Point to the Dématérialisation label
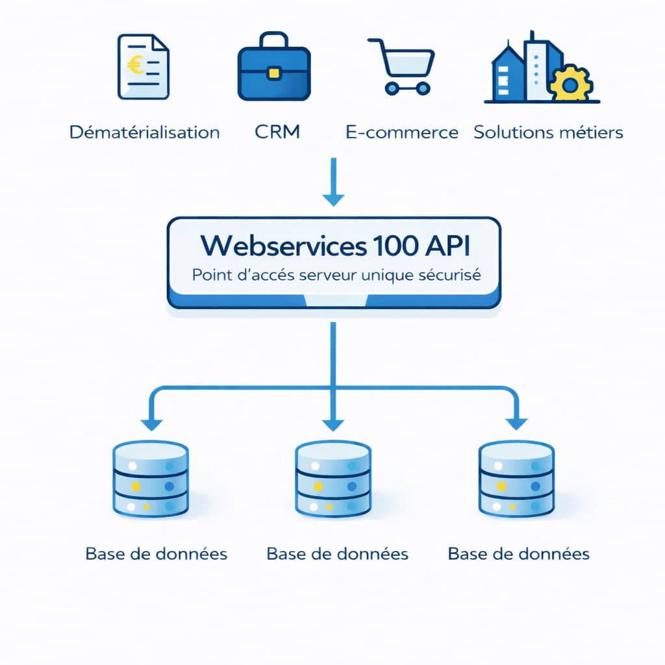[x=144, y=132]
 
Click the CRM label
[x=277, y=132]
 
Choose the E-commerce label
[x=402, y=132]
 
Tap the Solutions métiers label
[x=548, y=132]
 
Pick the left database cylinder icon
[x=150, y=480]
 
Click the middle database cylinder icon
[x=332, y=480]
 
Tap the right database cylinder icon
[x=516, y=480]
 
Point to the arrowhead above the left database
[x=151, y=423]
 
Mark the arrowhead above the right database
[x=517, y=423]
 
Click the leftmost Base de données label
[x=156, y=554]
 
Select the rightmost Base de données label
[x=519, y=554]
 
